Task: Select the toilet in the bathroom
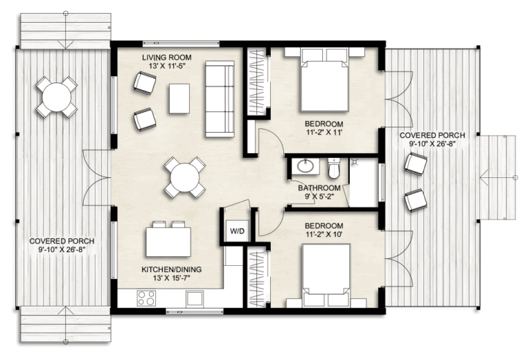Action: click(335, 168)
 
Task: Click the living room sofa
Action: click(220, 98)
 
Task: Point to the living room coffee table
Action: click(180, 98)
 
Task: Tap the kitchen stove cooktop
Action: click(146, 298)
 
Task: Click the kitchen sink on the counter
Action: click(193, 298)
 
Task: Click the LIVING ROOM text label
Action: click(166, 57)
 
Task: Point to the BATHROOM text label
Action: click(319, 188)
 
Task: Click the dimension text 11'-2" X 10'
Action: click(324, 235)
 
